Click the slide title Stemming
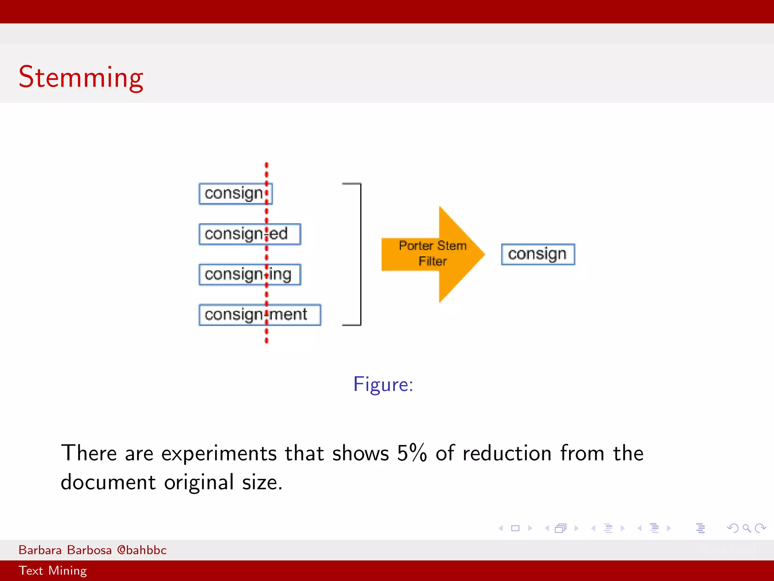click(81, 78)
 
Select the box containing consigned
click(249, 234)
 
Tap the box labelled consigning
click(249, 275)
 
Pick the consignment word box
click(260, 315)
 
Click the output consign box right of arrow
click(538, 254)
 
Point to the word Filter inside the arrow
click(433, 261)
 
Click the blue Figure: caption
click(383, 384)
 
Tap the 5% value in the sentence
click(412, 453)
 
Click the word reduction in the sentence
click(507, 453)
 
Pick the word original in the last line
click(199, 482)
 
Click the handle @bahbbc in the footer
click(142, 550)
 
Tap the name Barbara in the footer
click(40, 550)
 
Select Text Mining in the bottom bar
click(53, 570)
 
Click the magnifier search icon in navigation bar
click(746, 528)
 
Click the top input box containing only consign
click(235, 194)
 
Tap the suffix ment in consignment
click(289, 315)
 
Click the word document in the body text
click(108, 482)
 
